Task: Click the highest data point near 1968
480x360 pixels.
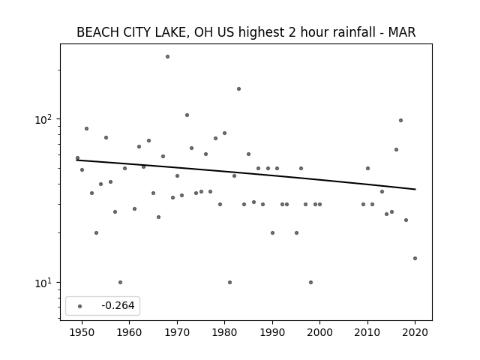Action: (x=167, y=57)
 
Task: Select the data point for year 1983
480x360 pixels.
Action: (x=238, y=89)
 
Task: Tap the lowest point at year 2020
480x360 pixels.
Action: (x=415, y=258)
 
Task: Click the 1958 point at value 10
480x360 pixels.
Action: (x=120, y=282)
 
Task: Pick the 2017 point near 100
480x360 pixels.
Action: (x=400, y=121)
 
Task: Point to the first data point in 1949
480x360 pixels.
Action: (x=77, y=158)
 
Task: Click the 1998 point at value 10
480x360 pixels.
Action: (x=310, y=282)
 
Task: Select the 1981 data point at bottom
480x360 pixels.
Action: (x=230, y=282)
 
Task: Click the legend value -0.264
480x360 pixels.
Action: (x=118, y=305)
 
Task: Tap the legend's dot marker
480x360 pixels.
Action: (x=80, y=306)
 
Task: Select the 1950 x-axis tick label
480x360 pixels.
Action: (x=82, y=332)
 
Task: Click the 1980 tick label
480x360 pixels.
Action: (x=224, y=332)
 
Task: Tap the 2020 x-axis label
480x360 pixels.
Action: (x=415, y=332)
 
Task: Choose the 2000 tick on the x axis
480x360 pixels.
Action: (x=320, y=332)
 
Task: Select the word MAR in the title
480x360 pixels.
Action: (x=402, y=32)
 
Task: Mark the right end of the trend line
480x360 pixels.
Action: (x=415, y=189)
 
